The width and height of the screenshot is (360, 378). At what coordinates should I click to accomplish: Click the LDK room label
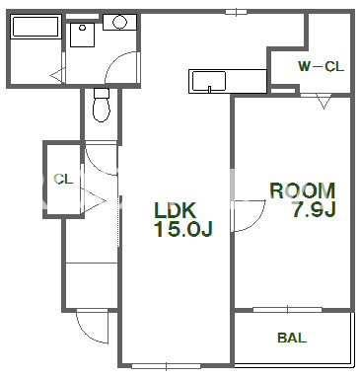coord(176,210)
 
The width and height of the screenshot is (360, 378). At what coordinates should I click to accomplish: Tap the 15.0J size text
coord(183,229)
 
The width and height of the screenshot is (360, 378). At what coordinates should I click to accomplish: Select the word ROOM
coord(303,190)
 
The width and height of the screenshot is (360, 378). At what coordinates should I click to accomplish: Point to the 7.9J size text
coord(314,209)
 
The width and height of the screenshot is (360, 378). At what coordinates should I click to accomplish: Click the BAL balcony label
coord(292,338)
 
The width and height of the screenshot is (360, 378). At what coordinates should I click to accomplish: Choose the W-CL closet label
coord(321,67)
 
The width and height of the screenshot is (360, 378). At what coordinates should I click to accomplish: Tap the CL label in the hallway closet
coord(63,180)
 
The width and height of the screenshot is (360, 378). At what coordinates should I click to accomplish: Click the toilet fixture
coord(102,105)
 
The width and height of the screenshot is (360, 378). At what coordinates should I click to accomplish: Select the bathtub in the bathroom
coord(36,27)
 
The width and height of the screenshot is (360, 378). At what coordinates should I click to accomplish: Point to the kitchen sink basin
coord(209,81)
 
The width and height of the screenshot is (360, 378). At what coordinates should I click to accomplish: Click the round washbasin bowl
coord(119,23)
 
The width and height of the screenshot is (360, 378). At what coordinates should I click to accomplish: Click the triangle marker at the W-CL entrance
coord(324,102)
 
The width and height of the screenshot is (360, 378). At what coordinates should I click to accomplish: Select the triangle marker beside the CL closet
coord(94,200)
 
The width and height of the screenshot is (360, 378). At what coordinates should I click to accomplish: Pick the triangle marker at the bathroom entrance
coord(58,75)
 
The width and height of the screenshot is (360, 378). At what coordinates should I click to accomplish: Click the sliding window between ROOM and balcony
coord(287,309)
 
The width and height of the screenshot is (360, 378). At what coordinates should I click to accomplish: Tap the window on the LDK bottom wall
coord(166,365)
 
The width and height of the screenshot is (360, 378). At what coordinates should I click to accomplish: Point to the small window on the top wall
coord(236,12)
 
